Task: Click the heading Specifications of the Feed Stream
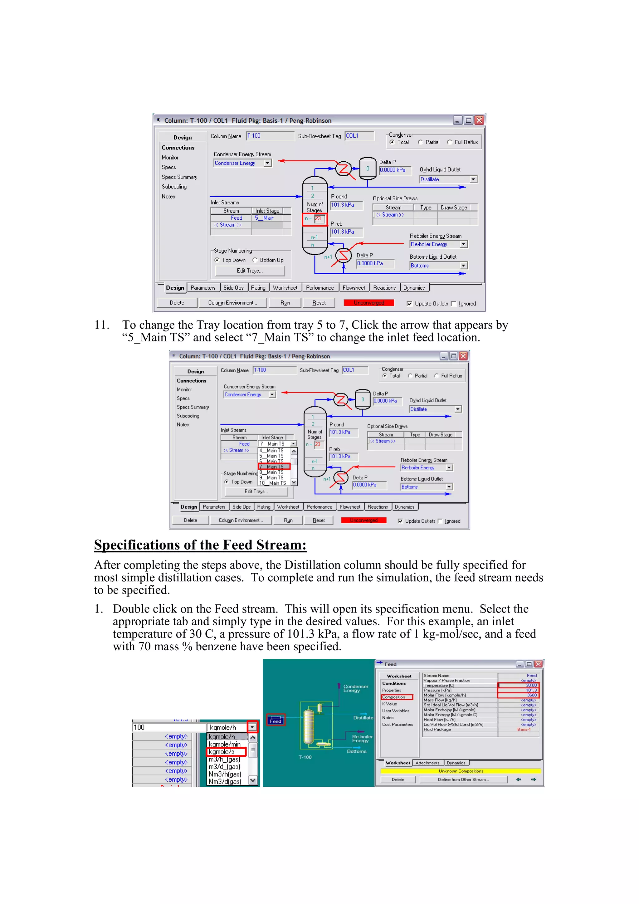[x=200, y=545]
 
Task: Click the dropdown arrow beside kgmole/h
[x=252, y=727]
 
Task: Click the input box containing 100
[x=169, y=727]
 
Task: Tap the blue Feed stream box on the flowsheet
[x=275, y=720]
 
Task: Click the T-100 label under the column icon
[x=305, y=757]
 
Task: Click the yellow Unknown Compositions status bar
[x=461, y=771]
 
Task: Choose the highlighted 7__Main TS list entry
[x=274, y=467]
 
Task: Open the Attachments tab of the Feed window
[x=427, y=763]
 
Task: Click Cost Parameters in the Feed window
[x=397, y=725]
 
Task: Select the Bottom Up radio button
[x=255, y=260]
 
